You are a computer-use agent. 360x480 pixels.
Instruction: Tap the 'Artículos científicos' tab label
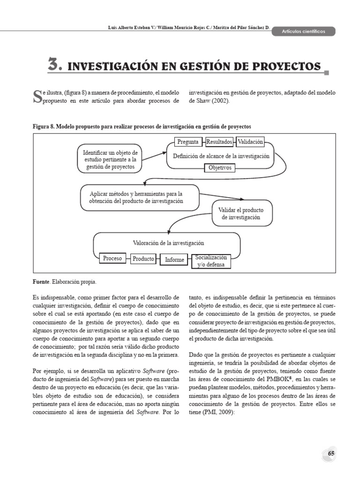pos(304,31)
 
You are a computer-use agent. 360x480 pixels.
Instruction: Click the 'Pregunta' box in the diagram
pos(188,142)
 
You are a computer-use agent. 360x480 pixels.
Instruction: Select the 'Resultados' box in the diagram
pos(219,142)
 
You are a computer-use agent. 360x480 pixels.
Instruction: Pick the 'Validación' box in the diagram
pos(250,142)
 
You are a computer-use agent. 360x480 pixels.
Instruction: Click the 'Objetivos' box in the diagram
pos(220,167)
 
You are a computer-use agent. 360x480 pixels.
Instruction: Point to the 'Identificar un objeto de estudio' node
pos(110,160)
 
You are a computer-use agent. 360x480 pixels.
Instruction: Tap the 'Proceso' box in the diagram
pos(112,258)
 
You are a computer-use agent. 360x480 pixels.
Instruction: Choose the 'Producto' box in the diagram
pos(143,259)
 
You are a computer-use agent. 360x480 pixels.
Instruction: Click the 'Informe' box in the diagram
pos(174,260)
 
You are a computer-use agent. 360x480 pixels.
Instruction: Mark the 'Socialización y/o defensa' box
pos(211,261)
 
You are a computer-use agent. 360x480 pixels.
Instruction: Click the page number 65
pos(331,454)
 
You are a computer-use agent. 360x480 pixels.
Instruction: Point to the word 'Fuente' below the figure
pos(41,282)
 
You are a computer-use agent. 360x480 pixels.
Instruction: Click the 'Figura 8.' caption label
pos(45,127)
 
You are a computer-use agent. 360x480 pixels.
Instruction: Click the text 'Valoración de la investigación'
pos(169,243)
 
